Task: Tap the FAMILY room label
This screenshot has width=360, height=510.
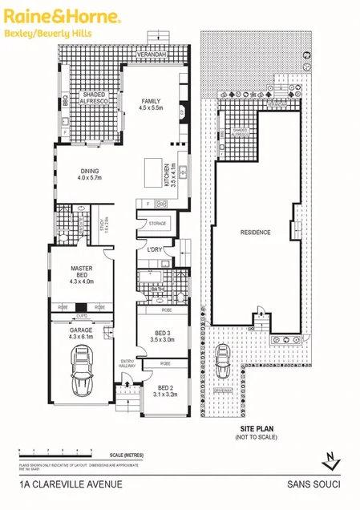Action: point(152,103)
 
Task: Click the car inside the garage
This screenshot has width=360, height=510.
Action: point(83,376)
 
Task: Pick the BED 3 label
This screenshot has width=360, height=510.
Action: point(163,336)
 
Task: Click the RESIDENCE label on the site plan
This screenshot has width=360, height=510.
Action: point(256,233)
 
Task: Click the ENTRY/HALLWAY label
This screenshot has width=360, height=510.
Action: point(127,363)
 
